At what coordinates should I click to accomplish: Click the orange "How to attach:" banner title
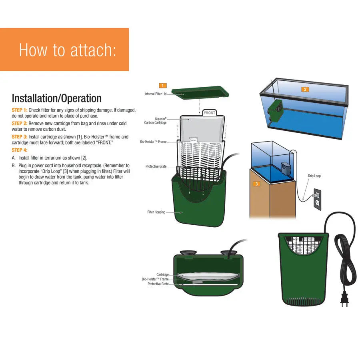pyautogui.click(x=68, y=50)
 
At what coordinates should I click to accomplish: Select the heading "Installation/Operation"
pyautogui.click(x=56, y=98)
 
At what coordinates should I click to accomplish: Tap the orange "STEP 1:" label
pyautogui.click(x=20, y=110)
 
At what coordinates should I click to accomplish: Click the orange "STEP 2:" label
pyautogui.click(x=20, y=124)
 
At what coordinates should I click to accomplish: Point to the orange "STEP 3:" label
pyautogui.click(x=20, y=137)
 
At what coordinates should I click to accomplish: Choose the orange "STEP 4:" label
pyautogui.click(x=20, y=150)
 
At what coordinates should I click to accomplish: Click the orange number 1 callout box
pyautogui.click(x=162, y=85)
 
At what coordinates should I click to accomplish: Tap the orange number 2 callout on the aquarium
pyautogui.click(x=305, y=89)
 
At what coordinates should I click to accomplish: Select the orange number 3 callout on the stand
pyautogui.click(x=257, y=184)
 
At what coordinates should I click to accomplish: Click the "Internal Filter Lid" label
pyautogui.click(x=155, y=94)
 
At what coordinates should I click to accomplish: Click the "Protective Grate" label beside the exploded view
pyautogui.click(x=156, y=166)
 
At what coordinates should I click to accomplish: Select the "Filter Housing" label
pyautogui.click(x=156, y=212)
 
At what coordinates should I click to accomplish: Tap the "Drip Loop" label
pyautogui.click(x=314, y=176)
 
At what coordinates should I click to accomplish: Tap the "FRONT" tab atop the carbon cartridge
pyautogui.click(x=209, y=113)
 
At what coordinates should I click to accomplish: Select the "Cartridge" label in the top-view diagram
pyautogui.click(x=162, y=275)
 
